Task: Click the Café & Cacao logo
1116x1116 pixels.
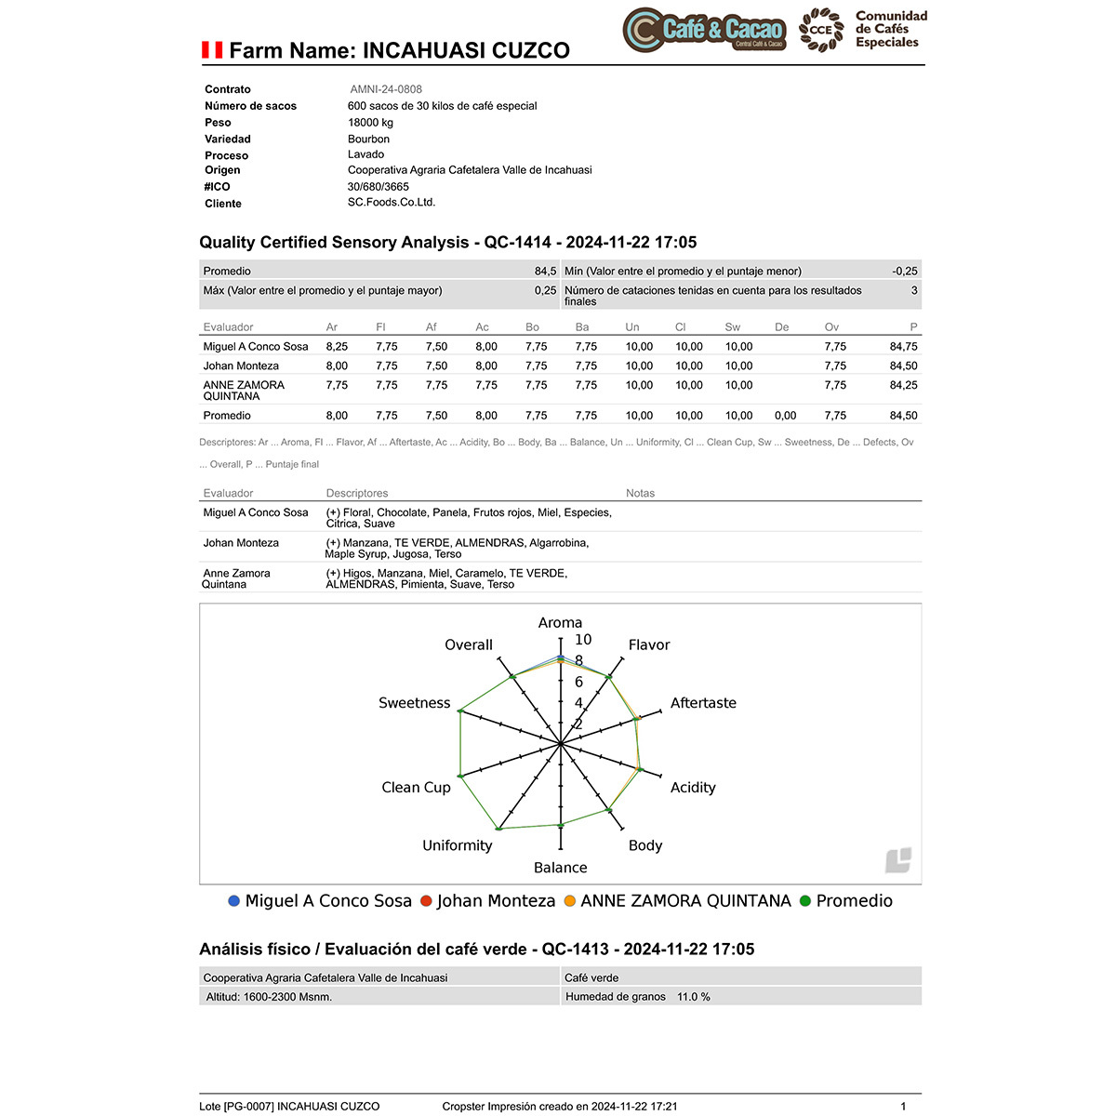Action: tap(704, 29)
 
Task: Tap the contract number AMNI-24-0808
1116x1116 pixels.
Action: tap(386, 89)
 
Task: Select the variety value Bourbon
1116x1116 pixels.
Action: tap(368, 139)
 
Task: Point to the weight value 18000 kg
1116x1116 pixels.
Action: tap(370, 122)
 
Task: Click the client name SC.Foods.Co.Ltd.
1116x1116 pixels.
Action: tap(392, 202)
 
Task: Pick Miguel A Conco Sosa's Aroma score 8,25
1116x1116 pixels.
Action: tap(337, 346)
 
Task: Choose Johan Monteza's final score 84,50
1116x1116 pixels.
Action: tap(903, 365)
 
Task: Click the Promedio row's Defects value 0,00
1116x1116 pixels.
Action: tap(785, 416)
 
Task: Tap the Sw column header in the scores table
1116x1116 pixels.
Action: tap(733, 327)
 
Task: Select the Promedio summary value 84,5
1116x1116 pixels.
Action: tap(545, 272)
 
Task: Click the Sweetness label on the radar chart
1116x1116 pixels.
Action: tap(414, 703)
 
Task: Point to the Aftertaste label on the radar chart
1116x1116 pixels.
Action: tap(703, 703)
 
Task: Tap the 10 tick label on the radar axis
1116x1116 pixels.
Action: tap(583, 640)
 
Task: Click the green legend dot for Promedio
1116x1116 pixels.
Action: tap(805, 900)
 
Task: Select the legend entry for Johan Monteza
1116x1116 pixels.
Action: tap(496, 900)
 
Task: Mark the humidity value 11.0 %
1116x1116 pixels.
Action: tap(693, 997)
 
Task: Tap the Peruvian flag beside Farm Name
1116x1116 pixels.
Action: tap(212, 50)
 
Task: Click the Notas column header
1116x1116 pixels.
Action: tap(640, 493)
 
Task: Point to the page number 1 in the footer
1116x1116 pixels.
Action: tap(903, 1107)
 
